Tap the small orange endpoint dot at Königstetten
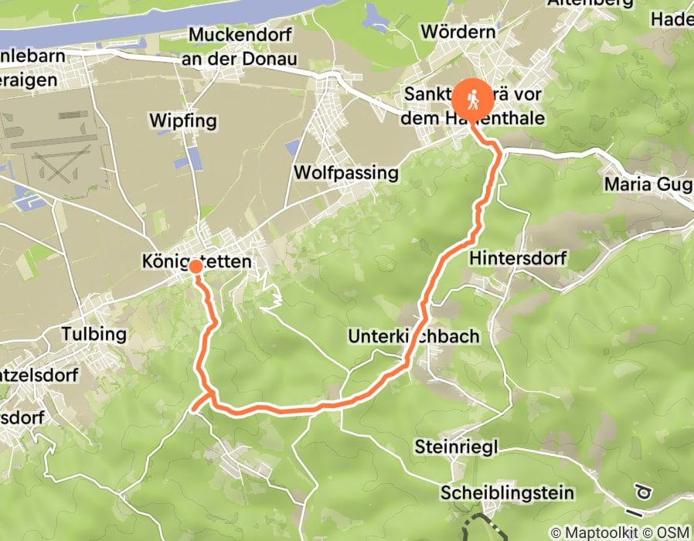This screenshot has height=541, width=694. click(196, 267)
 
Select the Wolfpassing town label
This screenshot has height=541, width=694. click(346, 172)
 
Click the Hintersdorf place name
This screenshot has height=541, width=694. click(518, 257)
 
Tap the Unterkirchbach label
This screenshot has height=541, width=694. click(413, 336)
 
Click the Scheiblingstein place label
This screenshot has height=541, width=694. click(507, 493)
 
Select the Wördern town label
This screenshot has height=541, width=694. click(458, 32)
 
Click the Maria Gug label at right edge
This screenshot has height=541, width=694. click(648, 185)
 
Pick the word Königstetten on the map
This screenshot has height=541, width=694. click(197, 262)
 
